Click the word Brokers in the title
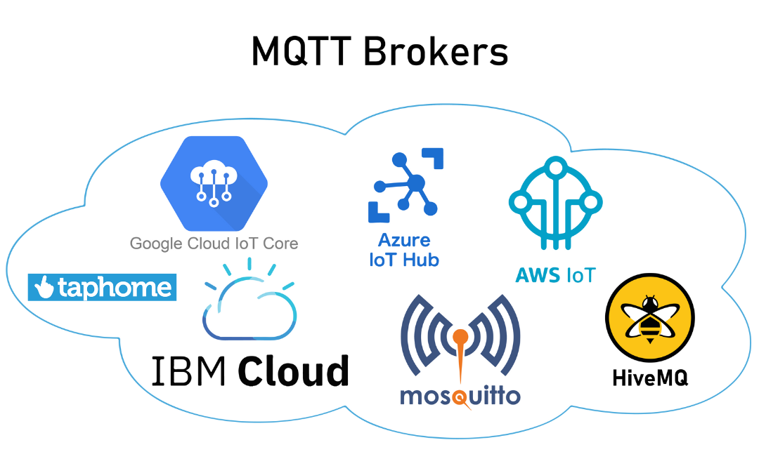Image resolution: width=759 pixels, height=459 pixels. [x=436, y=51]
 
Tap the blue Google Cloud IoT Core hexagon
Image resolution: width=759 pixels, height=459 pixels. [x=213, y=184]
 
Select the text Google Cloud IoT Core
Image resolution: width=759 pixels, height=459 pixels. [x=214, y=244]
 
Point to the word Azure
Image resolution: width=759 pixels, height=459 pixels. [x=404, y=240]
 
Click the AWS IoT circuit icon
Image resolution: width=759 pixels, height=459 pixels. [x=555, y=204]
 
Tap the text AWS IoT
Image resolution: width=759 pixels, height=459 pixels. [x=555, y=274]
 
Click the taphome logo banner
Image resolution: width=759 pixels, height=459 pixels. [x=102, y=287]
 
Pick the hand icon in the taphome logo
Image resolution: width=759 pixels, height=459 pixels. [x=44, y=287]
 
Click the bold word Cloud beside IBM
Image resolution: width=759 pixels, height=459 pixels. [x=293, y=370]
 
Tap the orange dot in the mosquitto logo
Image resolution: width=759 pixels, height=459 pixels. [x=460, y=336]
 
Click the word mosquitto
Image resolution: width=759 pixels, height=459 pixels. [x=460, y=396]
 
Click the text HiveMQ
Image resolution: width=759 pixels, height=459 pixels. [x=649, y=378]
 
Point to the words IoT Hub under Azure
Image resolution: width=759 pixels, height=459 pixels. [x=404, y=260]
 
